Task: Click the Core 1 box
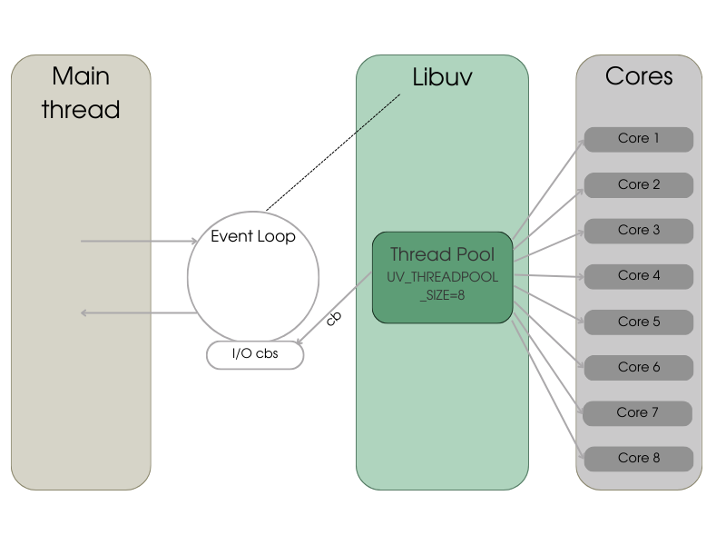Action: tap(638, 139)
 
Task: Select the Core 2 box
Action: tap(638, 184)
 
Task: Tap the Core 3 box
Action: tap(638, 231)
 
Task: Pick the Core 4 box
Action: tap(638, 275)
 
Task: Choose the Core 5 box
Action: tap(638, 322)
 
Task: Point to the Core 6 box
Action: tap(638, 367)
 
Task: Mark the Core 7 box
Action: tap(638, 412)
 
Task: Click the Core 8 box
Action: tap(638, 458)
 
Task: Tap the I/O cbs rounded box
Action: tap(255, 354)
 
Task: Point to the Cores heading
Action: tap(639, 76)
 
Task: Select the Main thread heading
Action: tap(81, 93)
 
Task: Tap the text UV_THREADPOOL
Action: tap(442, 277)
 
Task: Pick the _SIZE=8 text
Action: tap(442, 295)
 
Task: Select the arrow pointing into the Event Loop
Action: tap(139, 242)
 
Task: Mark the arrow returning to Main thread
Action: tap(139, 312)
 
